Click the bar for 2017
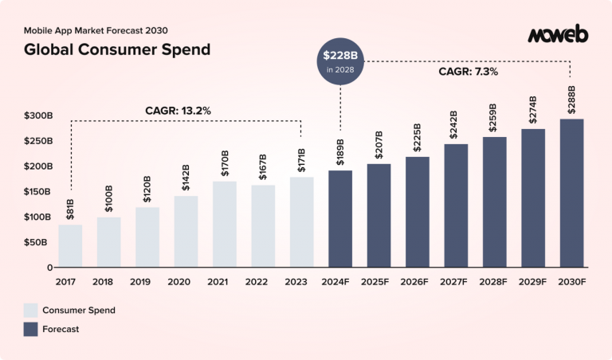pyautogui.click(x=70, y=246)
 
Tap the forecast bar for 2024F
pyautogui.click(x=340, y=219)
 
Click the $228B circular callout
pyautogui.click(x=340, y=61)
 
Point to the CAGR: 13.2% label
pyautogui.click(x=178, y=111)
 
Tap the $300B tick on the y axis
pyautogui.click(x=39, y=116)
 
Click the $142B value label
pyautogui.click(x=186, y=178)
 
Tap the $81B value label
pyautogui.click(x=70, y=209)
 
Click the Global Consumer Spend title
pyautogui.click(x=117, y=50)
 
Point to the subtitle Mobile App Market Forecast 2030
pyautogui.click(x=96, y=30)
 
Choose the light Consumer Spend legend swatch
pyautogui.click(x=31, y=309)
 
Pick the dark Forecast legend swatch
pyautogui.click(x=31, y=328)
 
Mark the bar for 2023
pyautogui.click(x=301, y=222)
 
